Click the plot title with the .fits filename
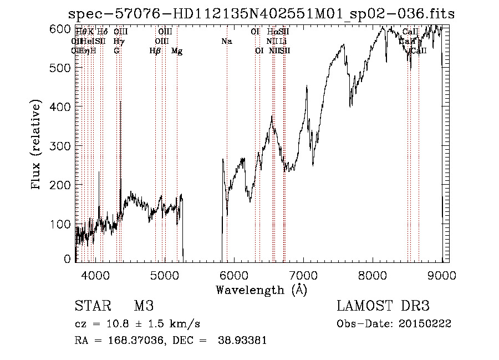point(261,14)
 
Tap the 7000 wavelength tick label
point(303,275)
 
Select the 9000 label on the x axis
point(442,275)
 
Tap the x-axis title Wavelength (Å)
point(261,290)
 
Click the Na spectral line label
point(226,41)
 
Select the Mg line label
point(177,51)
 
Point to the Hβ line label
point(155,51)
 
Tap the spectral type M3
point(144,306)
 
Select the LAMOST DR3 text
point(383,306)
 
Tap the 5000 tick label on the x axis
point(165,275)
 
